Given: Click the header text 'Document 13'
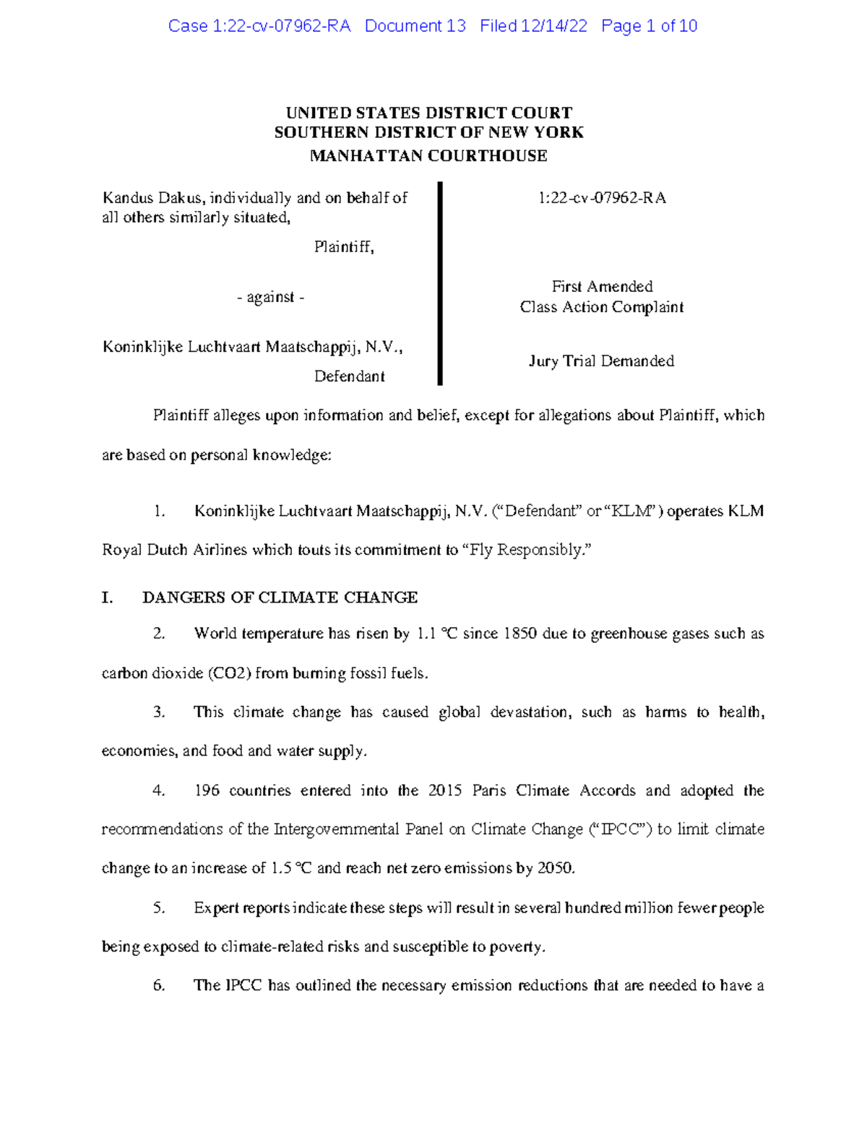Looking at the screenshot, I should point(415,27).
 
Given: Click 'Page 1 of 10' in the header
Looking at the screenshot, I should point(649,27).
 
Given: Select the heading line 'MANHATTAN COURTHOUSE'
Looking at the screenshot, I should point(428,156).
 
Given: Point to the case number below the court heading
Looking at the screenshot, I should point(602,198).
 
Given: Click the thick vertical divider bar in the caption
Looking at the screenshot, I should point(439,283).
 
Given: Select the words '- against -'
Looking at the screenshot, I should point(271,298).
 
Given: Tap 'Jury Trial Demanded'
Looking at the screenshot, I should point(601,361).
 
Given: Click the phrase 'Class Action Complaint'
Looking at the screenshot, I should point(601,308).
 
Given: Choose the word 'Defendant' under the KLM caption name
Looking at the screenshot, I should point(349,376).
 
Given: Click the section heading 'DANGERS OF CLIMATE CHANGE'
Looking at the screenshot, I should point(280,597).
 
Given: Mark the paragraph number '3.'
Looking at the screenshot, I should point(159,712).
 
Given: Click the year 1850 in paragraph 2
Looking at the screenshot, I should point(519,634).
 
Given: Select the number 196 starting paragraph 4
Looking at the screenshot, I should point(207,791).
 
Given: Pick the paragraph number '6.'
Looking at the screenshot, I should point(159,986).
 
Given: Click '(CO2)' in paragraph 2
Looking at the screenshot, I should point(229,674).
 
